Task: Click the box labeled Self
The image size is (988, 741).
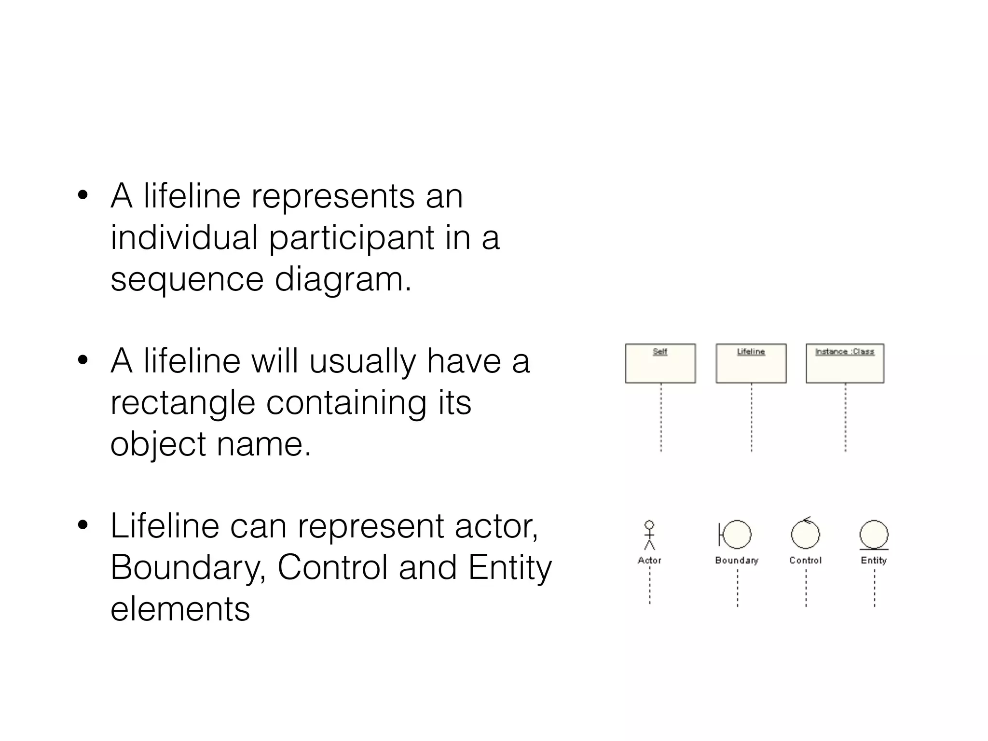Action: pos(660,363)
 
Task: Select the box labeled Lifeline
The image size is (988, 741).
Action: pos(751,363)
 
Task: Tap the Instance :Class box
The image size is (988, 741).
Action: pos(845,363)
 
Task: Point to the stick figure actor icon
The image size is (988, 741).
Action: pos(649,535)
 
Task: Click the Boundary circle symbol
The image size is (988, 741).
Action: pos(736,535)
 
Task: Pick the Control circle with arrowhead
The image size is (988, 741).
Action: pos(805,534)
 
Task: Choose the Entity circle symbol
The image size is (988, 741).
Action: pos(874,535)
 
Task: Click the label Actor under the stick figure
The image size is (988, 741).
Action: pos(649,561)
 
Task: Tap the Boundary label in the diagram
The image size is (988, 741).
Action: pos(737,561)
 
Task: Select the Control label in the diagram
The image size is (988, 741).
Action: pos(805,561)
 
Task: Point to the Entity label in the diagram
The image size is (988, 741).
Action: pos(874,561)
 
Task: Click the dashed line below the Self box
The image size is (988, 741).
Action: pos(661,417)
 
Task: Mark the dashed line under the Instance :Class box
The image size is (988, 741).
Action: pos(845,417)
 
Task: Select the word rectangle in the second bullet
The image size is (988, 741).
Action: pos(182,403)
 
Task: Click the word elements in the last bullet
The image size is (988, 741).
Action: pos(180,609)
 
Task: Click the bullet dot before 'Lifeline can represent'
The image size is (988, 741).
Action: pos(82,525)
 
